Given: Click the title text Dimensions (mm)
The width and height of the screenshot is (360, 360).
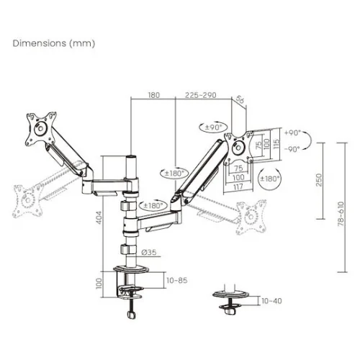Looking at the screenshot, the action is pyautogui.click(x=54, y=43).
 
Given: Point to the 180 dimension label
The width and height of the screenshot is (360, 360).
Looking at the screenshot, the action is pyautogui.click(x=153, y=95).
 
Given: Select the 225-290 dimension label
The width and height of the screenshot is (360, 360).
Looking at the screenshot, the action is pyautogui.click(x=201, y=95).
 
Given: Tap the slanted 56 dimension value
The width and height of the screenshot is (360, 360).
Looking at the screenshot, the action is pyautogui.click(x=240, y=99).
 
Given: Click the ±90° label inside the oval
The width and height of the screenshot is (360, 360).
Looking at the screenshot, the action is pyautogui.click(x=213, y=127).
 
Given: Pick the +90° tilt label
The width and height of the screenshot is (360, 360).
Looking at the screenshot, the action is pyautogui.click(x=292, y=132).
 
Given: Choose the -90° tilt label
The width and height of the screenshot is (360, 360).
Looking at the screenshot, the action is pyautogui.click(x=292, y=149).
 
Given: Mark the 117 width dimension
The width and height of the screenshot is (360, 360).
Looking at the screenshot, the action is pyautogui.click(x=238, y=186).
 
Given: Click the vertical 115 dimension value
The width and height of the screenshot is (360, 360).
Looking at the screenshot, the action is pyautogui.click(x=276, y=144).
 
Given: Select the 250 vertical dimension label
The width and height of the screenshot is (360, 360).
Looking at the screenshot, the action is pyautogui.click(x=319, y=180).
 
